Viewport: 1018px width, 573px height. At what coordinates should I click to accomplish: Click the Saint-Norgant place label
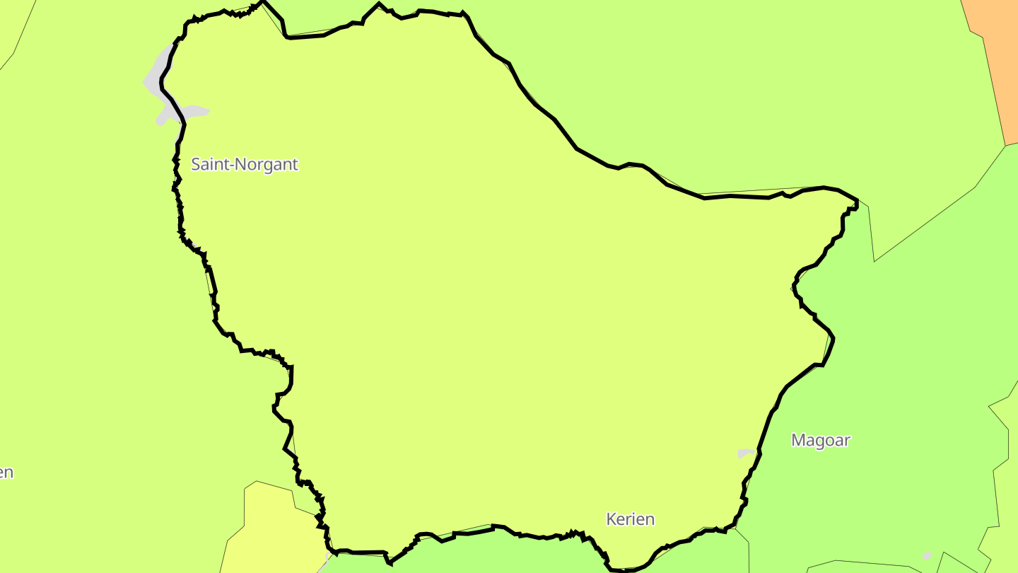click(x=245, y=165)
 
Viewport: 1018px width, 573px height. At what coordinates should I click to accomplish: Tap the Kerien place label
click(x=631, y=519)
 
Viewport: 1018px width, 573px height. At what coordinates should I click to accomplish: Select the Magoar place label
click(x=820, y=440)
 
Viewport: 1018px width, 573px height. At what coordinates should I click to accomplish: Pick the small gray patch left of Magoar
click(x=745, y=453)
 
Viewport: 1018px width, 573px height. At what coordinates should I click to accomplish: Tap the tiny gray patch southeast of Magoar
click(x=927, y=555)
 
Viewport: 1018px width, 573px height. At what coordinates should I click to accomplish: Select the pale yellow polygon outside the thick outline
click(x=269, y=531)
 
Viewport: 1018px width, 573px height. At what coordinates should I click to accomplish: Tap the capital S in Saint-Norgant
click(x=196, y=165)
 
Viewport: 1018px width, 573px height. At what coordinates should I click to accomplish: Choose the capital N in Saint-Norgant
click(x=238, y=165)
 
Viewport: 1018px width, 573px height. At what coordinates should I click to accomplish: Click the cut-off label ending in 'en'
click(x=6, y=473)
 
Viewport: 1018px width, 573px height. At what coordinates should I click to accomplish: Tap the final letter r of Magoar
click(x=847, y=441)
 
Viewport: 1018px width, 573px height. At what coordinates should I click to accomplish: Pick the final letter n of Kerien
click(x=650, y=520)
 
